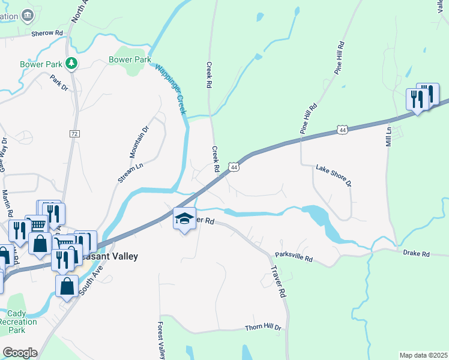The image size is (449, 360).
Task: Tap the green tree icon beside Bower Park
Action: click(x=71, y=62)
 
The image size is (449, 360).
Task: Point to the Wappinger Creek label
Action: click(x=171, y=90)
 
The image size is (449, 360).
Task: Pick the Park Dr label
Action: click(x=59, y=83)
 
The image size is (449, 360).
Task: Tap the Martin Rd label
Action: click(x=7, y=203)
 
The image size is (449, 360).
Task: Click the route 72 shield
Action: click(x=74, y=133)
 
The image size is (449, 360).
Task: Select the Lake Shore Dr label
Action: click(x=333, y=176)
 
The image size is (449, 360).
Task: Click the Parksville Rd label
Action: click(x=294, y=256)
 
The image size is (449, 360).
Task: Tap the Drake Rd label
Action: click(x=417, y=254)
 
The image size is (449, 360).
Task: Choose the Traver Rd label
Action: click(x=277, y=283)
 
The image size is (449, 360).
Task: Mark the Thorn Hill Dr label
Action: click(x=263, y=328)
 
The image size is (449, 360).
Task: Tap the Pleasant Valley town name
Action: click(x=110, y=256)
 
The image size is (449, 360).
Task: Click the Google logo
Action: click(x=20, y=352)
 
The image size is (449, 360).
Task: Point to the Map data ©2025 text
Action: click(x=423, y=355)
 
